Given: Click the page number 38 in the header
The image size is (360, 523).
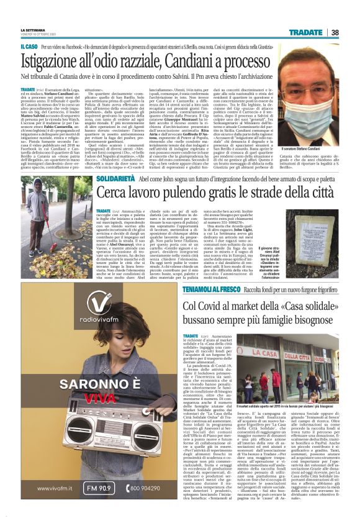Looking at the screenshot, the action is (x=351, y=32).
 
